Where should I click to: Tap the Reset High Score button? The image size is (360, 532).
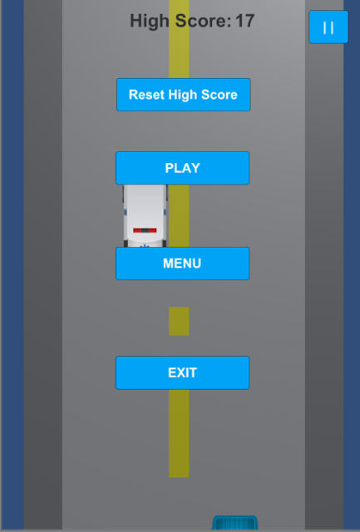(184, 95)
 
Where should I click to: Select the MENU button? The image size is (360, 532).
(183, 264)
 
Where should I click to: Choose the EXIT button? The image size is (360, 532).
(183, 372)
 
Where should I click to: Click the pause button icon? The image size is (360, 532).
(328, 27)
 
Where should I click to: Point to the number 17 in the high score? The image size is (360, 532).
(244, 21)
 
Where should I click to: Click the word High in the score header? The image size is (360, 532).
(150, 22)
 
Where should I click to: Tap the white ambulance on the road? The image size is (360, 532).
(145, 216)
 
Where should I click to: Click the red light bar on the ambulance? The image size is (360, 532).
(145, 230)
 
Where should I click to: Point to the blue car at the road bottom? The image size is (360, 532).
(234, 523)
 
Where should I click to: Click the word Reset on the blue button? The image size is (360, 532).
(146, 95)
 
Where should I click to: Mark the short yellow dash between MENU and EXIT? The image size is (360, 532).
(179, 322)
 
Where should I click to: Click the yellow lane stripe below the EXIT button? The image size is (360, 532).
(179, 433)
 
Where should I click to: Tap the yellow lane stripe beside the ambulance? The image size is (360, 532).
(179, 216)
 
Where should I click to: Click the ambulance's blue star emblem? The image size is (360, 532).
(145, 245)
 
